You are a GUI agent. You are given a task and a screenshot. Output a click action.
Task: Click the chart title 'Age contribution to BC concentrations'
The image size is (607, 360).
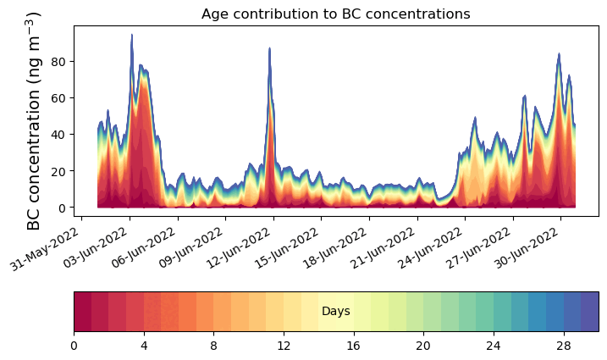click(336, 14)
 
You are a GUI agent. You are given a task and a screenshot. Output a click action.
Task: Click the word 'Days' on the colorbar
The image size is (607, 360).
click(336, 312)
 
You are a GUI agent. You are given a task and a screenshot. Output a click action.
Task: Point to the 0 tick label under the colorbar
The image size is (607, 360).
click(74, 346)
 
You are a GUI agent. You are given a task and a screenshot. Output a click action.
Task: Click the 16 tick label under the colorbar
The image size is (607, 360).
click(353, 346)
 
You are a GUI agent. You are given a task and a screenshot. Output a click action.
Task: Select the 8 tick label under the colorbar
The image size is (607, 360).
click(214, 346)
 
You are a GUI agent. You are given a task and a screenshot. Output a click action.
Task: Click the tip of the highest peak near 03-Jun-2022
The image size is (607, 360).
click(132, 35)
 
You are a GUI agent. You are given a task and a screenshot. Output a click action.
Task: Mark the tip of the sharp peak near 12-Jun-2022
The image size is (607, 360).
click(269, 48)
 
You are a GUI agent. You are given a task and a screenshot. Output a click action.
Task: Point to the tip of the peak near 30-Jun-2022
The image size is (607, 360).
click(559, 54)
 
